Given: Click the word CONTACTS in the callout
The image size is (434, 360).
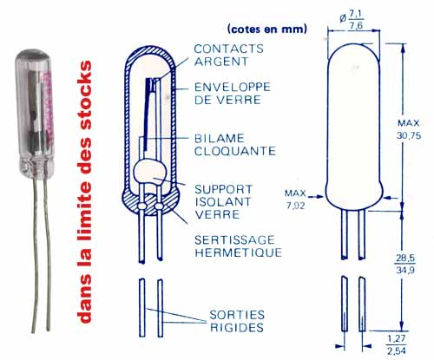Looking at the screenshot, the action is point(228,49).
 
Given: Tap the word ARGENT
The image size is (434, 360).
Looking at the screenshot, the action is point(221,62).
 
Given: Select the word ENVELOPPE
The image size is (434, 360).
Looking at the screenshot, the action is point(233,87).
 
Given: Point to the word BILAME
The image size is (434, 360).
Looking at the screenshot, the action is point(220,138).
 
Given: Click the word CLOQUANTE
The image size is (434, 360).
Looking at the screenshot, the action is point(235,151).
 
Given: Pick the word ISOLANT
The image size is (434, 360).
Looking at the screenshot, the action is point(223,202).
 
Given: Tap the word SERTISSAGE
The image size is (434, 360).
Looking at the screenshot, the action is point(234,239).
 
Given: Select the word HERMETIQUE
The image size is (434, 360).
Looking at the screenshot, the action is point(239,252).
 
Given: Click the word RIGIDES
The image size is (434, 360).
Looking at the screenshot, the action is point(237,327).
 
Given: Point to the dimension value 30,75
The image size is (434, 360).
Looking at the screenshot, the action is point(409,135).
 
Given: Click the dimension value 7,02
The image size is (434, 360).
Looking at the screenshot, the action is point(295,206).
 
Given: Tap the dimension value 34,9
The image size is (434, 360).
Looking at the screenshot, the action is point(404,270).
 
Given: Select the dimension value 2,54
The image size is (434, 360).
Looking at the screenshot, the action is point(397,351).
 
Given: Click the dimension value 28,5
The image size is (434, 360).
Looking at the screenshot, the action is point(404,258).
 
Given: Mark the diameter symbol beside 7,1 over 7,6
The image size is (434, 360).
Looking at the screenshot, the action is point(343,19).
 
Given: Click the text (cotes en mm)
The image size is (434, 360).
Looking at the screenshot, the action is point(267,29).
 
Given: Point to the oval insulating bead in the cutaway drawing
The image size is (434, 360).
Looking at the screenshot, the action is point(150,173).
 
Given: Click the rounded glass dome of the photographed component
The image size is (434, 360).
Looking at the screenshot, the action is point(33,54).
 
